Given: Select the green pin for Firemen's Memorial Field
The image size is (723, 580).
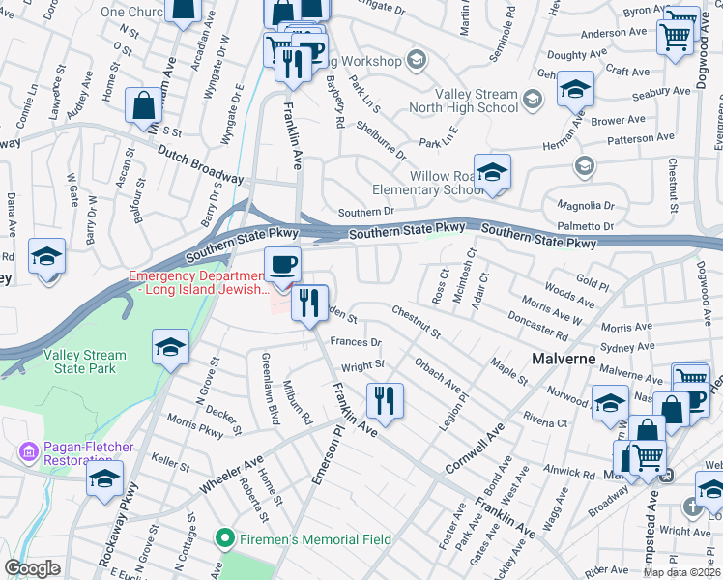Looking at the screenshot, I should [225, 536].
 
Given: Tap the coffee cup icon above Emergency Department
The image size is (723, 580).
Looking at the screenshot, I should [283, 264].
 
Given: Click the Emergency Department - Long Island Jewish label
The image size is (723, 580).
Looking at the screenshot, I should [199, 283].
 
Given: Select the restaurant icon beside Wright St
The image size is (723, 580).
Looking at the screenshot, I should [385, 399].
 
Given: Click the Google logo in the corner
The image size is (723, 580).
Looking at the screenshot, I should [33, 568].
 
